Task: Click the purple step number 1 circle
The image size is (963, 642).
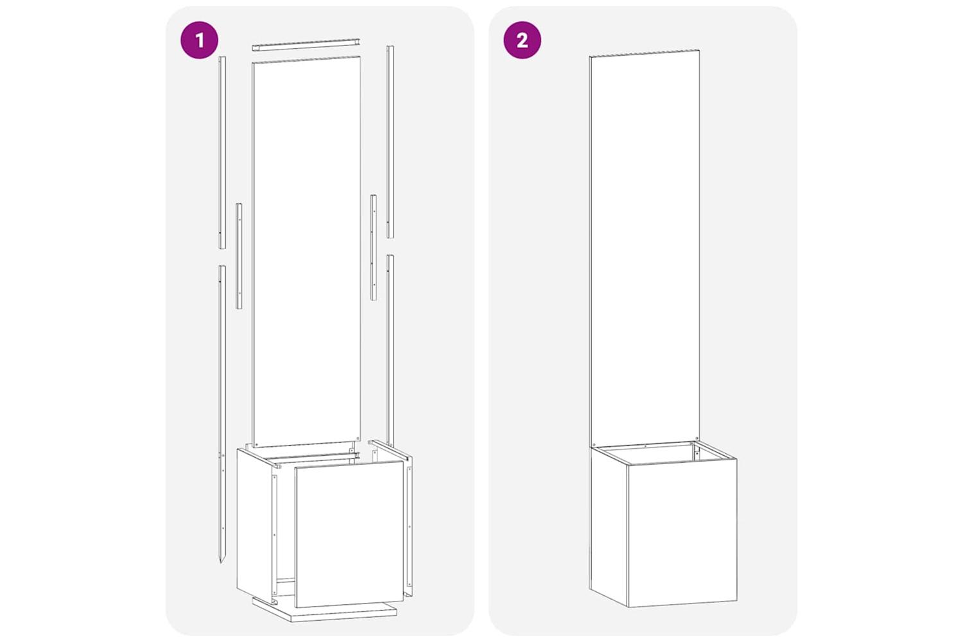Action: coord(199,40)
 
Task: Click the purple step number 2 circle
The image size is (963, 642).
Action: coord(523,40)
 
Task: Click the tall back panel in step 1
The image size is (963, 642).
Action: coord(306,252)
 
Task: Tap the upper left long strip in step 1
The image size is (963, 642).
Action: coord(222,153)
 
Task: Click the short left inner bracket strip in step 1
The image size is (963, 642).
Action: coord(239,256)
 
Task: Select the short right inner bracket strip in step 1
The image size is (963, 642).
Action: coord(374,247)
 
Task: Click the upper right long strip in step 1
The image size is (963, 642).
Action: coord(390,142)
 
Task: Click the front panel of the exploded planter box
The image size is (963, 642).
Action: coord(349,534)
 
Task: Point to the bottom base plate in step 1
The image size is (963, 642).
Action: coord(324,611)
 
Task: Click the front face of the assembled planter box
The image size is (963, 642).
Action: coord(682,533)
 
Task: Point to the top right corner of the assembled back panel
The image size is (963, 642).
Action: coord(700,50)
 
